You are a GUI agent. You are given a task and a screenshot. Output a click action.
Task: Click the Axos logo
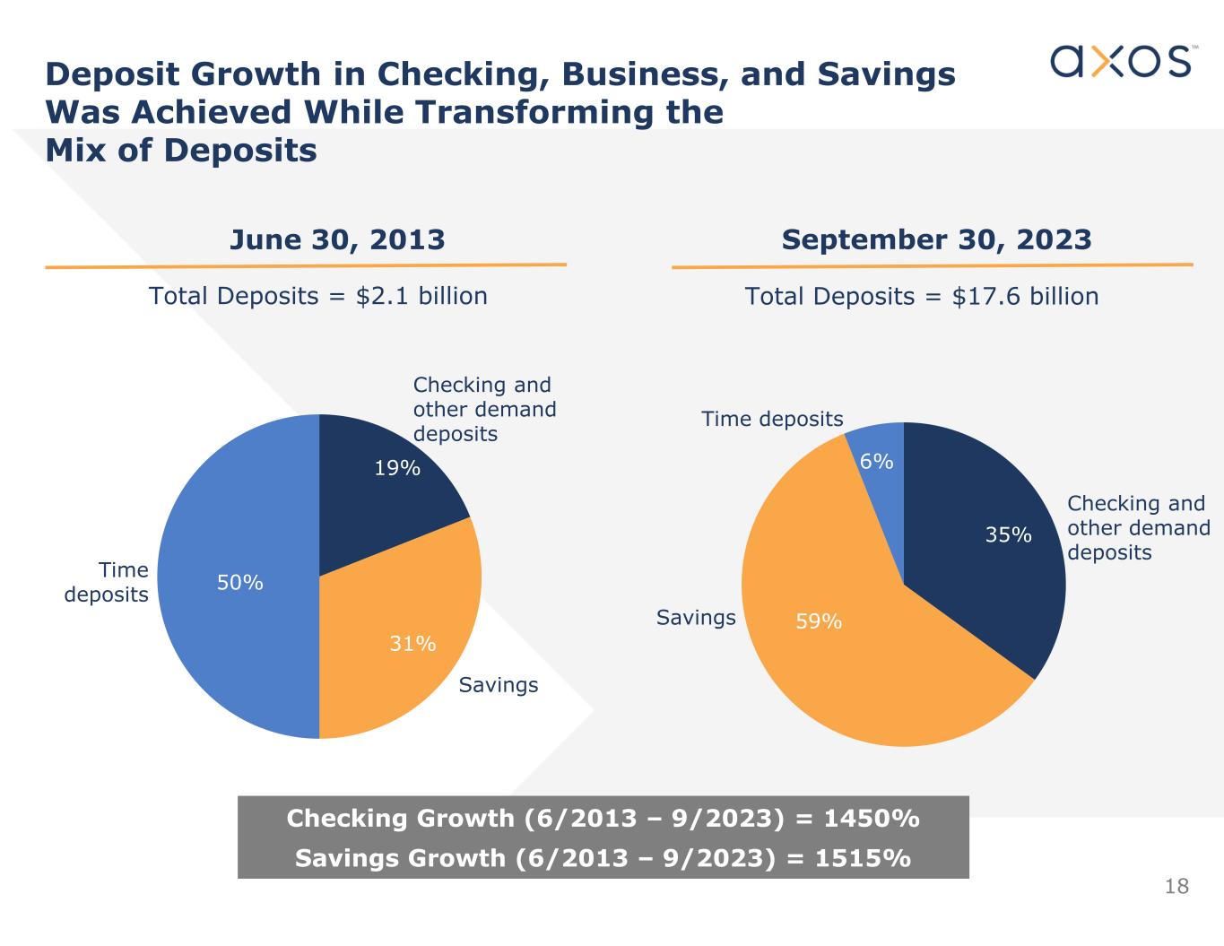click(x=1121, y=61)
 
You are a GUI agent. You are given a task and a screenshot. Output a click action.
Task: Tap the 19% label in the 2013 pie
click(x=397, y=468)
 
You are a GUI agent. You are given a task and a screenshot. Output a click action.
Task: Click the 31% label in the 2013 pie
click(x=412, y=644)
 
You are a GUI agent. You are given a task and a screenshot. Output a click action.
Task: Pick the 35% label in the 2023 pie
click(x=1009, y=535)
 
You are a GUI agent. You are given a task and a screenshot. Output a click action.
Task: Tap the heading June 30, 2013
click(x=337, y=240)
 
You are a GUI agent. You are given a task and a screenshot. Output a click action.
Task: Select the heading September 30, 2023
click(x=936, y=240)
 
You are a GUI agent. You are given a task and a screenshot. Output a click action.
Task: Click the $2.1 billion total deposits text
click(x=421, y=296)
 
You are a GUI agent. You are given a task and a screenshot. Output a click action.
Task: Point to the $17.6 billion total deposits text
click(x=1024, y=297)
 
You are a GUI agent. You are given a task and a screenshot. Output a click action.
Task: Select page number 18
click(x=1176, y=887)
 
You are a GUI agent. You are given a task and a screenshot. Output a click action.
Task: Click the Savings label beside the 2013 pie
click(x=499, y=685)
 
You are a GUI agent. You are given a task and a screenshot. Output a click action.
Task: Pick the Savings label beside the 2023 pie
click(x=696, y=618)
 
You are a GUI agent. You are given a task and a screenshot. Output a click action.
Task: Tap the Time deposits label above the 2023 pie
click(x=772, y=420)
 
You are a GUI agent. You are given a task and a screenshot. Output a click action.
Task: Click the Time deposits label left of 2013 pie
click(x=108, y=582)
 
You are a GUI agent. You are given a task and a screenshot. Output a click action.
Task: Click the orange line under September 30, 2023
click(x=933, y=265)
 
